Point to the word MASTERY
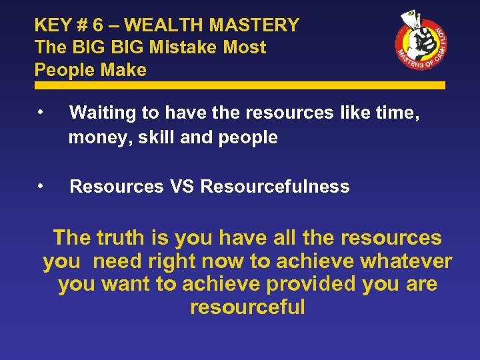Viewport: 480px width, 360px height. coord(254,25)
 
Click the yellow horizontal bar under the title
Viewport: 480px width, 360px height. coord(240,85)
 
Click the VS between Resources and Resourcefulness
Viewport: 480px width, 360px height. coord(181,187)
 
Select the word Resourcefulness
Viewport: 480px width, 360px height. coord(275,187)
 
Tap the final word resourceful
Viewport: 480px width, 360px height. coord(247,307)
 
